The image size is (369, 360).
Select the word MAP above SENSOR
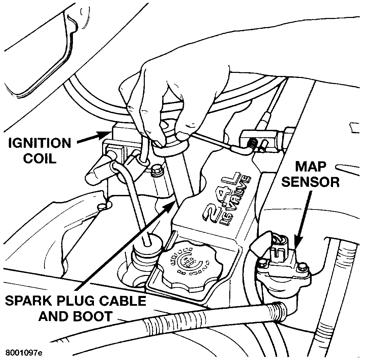tap(311, 167)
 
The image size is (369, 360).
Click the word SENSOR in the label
tap(311, 182)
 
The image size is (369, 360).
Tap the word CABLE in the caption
tap(122, 301)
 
